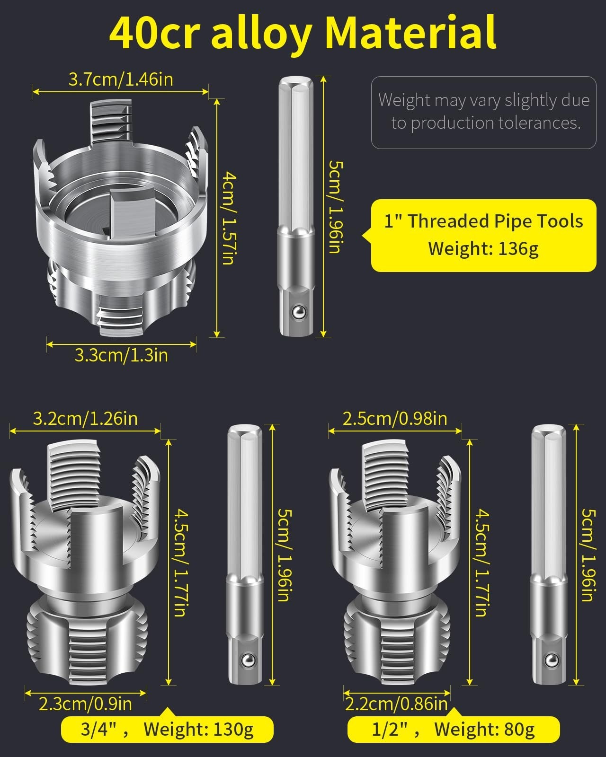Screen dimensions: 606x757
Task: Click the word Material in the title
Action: point(410,32)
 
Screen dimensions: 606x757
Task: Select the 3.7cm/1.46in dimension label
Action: point(121,79)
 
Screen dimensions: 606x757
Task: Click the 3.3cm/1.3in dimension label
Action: point(121,355)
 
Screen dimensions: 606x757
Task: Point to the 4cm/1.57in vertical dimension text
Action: point(228,218)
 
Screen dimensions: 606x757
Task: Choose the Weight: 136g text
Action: point(483,249)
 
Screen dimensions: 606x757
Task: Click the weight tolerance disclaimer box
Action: point(483,113)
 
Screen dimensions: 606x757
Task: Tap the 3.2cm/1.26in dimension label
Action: point(85,419)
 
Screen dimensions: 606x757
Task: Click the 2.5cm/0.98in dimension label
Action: point(395,419)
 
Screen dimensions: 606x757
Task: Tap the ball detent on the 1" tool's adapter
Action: point(299,312)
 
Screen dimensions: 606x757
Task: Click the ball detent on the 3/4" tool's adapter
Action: point(248,660)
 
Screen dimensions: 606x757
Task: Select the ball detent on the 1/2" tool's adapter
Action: point(551,660)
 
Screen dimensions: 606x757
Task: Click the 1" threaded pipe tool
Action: point(121,218)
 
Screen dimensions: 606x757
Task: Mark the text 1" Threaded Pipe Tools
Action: point(483,221)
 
